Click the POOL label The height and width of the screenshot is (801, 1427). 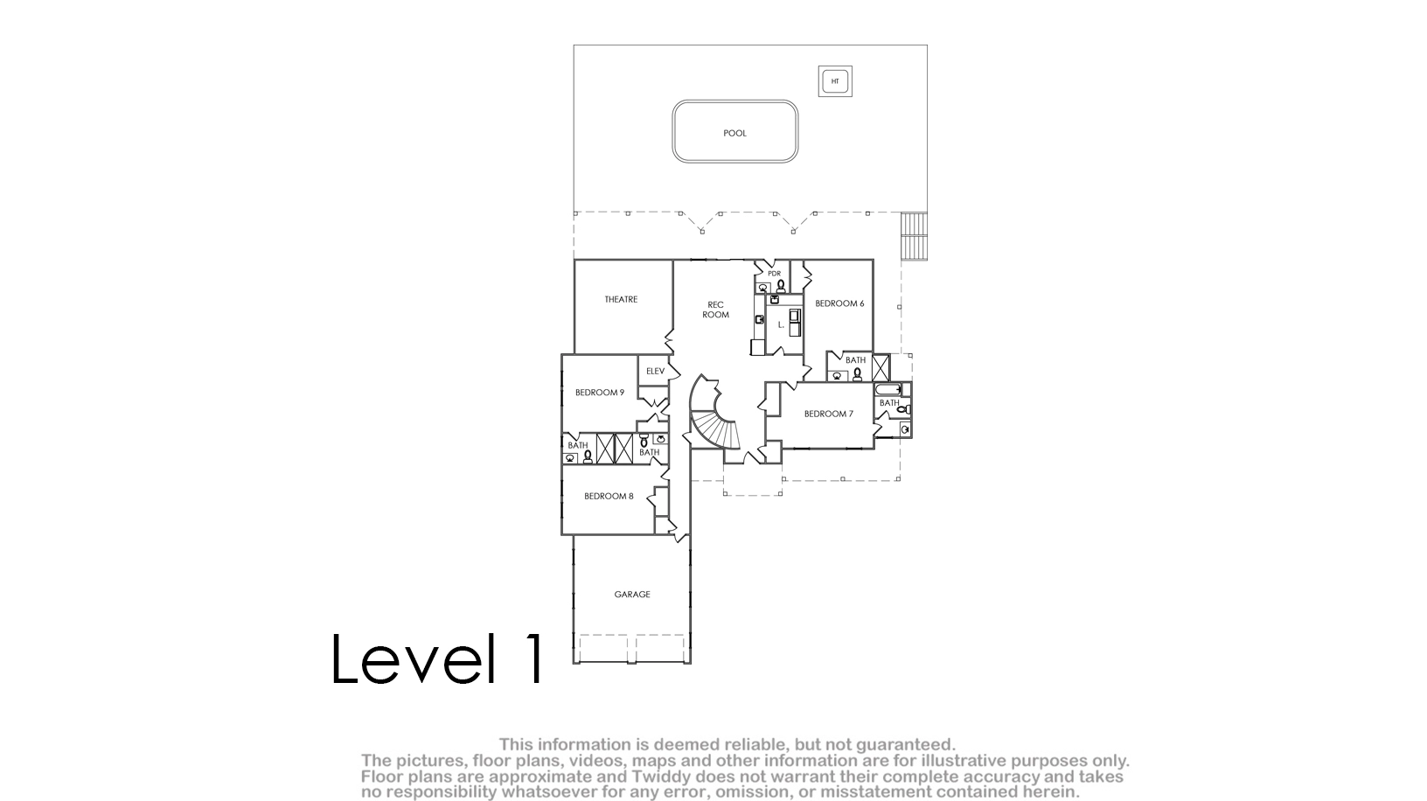734,133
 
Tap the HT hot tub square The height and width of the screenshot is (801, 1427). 835,81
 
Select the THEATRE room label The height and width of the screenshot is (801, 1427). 621,299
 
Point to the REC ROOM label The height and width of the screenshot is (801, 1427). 715,310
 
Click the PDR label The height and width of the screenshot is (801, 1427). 774,274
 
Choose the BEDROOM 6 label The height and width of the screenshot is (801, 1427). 839,304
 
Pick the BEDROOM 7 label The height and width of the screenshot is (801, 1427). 829,414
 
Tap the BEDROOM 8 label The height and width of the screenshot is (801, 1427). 609,497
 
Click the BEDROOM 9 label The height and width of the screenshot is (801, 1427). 600,393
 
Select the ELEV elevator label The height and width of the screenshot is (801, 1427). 656,372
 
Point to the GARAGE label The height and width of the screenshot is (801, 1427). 632,595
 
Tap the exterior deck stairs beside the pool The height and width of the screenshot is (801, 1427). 915,236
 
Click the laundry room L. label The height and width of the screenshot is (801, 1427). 781,325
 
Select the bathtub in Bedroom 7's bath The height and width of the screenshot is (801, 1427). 888,389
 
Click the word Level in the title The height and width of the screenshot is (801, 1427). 413,658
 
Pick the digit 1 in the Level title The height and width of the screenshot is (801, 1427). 532,658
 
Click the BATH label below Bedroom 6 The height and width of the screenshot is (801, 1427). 855,360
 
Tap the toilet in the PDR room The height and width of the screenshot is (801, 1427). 781,285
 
